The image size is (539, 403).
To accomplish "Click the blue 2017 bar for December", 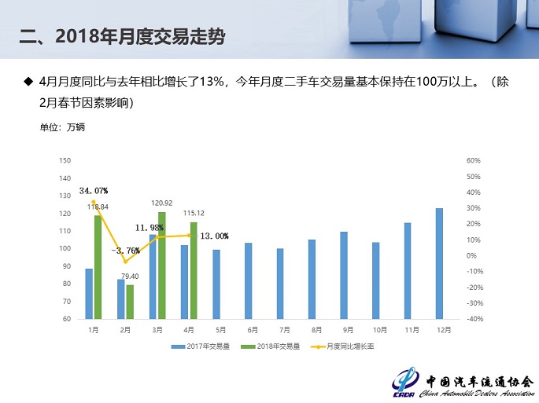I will tap(439, 263).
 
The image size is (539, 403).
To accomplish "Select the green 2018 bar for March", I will tap(162, 266).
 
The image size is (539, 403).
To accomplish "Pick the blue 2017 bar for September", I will tap(343, 275).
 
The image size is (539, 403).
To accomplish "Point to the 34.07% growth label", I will tap(94, 190).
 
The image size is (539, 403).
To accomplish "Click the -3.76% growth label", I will tap(126, 250).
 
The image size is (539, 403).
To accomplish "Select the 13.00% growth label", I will tap(214, 236).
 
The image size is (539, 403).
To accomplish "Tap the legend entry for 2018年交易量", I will tap(275, 346).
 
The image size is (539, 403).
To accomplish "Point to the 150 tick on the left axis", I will tap(65, 160).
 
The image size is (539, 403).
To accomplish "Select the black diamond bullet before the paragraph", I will tap(28, 81).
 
